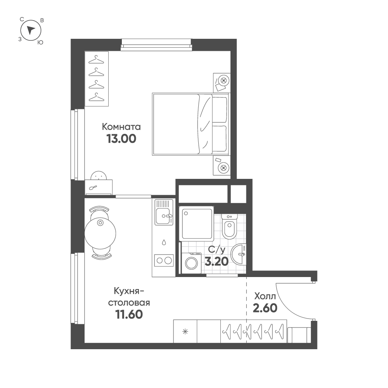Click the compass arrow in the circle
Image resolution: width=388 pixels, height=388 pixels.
pyautogui.click(x=31, y=30)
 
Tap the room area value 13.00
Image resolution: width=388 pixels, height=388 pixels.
pyautogui.click(x=121, y=139)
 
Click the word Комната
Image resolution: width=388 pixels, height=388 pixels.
pyautogui.click(x=121, y=127)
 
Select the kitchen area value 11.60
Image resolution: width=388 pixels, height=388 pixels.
pyautogui.click(x=129, y=315)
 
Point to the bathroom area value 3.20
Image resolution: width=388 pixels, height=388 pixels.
pyautogui.click(x=217, y=261)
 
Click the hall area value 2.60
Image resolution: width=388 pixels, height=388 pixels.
pyautogui.click(x=265, y=308)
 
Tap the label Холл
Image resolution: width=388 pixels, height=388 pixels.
pyautogui.click(x=265, y=296)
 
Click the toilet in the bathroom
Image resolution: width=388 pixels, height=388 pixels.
pyautogui.click(x=229, y=226)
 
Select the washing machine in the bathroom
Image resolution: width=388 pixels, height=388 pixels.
pyautogui.click(x=191, y=263)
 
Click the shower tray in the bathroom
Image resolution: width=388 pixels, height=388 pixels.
pyautogui.click(x=196, y=223)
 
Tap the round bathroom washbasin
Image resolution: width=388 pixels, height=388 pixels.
pyautogui.click(x=239, y=254)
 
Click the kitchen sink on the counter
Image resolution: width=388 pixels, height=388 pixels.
pyautogui.click(x=164, y=212)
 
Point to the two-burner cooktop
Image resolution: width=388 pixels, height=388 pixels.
pyautogui.click(x=164, y=260)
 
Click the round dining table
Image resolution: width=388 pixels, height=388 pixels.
pyautogui.click(x=100, y=232)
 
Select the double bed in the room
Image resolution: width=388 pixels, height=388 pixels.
pyautogui.click(x=191, y=124)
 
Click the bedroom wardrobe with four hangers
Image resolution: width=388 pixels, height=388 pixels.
pyautogui.click(x=97, y=79)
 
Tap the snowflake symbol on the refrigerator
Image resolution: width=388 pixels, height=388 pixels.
pyautogui.click(x=185, y=331)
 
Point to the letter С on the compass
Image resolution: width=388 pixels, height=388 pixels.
pyautogui.click(x=22, y=19)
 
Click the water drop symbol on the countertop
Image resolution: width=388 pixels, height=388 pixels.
pyautogui.click(x=164, y=242)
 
